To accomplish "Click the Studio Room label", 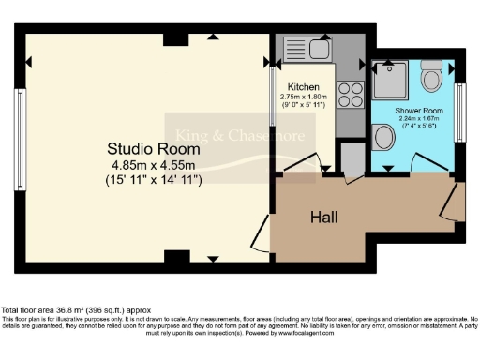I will [153, 148].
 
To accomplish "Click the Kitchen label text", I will [303, 86].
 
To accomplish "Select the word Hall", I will [324, 217].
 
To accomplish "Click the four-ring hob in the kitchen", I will [350, 95].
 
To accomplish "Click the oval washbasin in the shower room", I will [384, 139].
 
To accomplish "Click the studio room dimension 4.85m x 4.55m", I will [154, 165].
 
